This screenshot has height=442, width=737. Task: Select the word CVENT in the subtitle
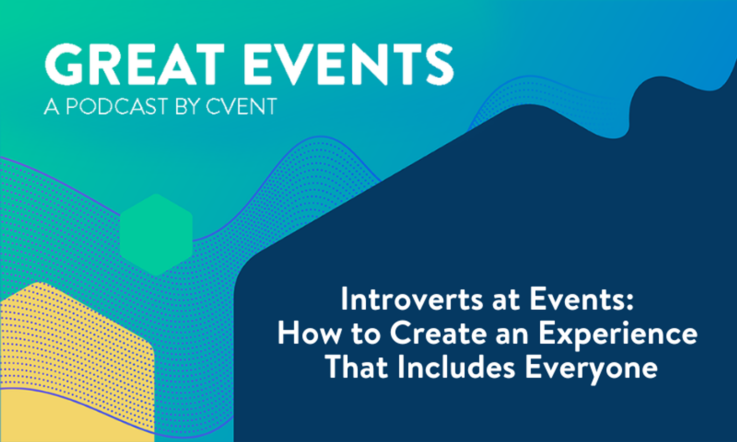click(241, 107)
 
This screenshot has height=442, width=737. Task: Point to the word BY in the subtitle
click(188, 107)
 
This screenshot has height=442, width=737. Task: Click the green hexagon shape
click(156, 235)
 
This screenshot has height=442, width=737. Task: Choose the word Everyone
click(591, 368)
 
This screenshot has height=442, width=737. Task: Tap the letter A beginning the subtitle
click(52, 107)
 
